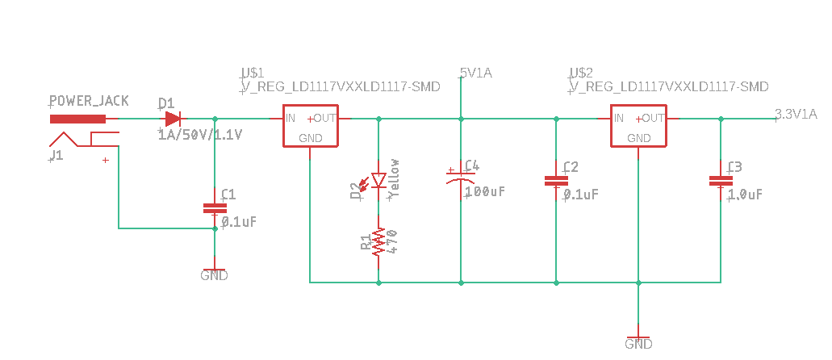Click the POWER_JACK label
89,102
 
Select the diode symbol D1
171,118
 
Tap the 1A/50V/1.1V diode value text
200,133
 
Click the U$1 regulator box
311,127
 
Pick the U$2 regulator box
638,127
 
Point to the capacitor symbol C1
214,208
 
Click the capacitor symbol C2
555,182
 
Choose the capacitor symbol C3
720,182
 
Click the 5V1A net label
475,73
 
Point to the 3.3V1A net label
796,114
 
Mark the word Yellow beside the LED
395,178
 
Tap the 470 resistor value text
393,241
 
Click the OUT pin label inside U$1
325,118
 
